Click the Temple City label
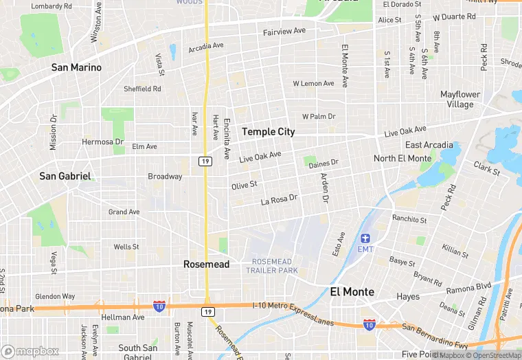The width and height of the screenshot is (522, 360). point(268,131)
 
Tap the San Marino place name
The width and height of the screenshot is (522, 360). point(77,67)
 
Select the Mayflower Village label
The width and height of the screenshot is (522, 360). point(460,99)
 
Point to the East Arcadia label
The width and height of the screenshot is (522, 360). point(429,145)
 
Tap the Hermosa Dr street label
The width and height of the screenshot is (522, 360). point(103,142)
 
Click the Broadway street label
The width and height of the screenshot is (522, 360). point(166,177)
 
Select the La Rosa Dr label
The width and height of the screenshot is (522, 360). point(279,199)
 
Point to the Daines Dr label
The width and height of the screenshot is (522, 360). point(324,164)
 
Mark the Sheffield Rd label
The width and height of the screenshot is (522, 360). point(142,89)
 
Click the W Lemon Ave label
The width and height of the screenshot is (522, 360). point(313,83)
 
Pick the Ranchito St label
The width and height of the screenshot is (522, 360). point(409,220)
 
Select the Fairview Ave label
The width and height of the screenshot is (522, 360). point(284,32)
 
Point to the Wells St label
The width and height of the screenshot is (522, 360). point(126,247)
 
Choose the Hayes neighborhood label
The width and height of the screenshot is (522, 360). point(408,297)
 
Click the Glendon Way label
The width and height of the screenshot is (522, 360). point(55,296)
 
